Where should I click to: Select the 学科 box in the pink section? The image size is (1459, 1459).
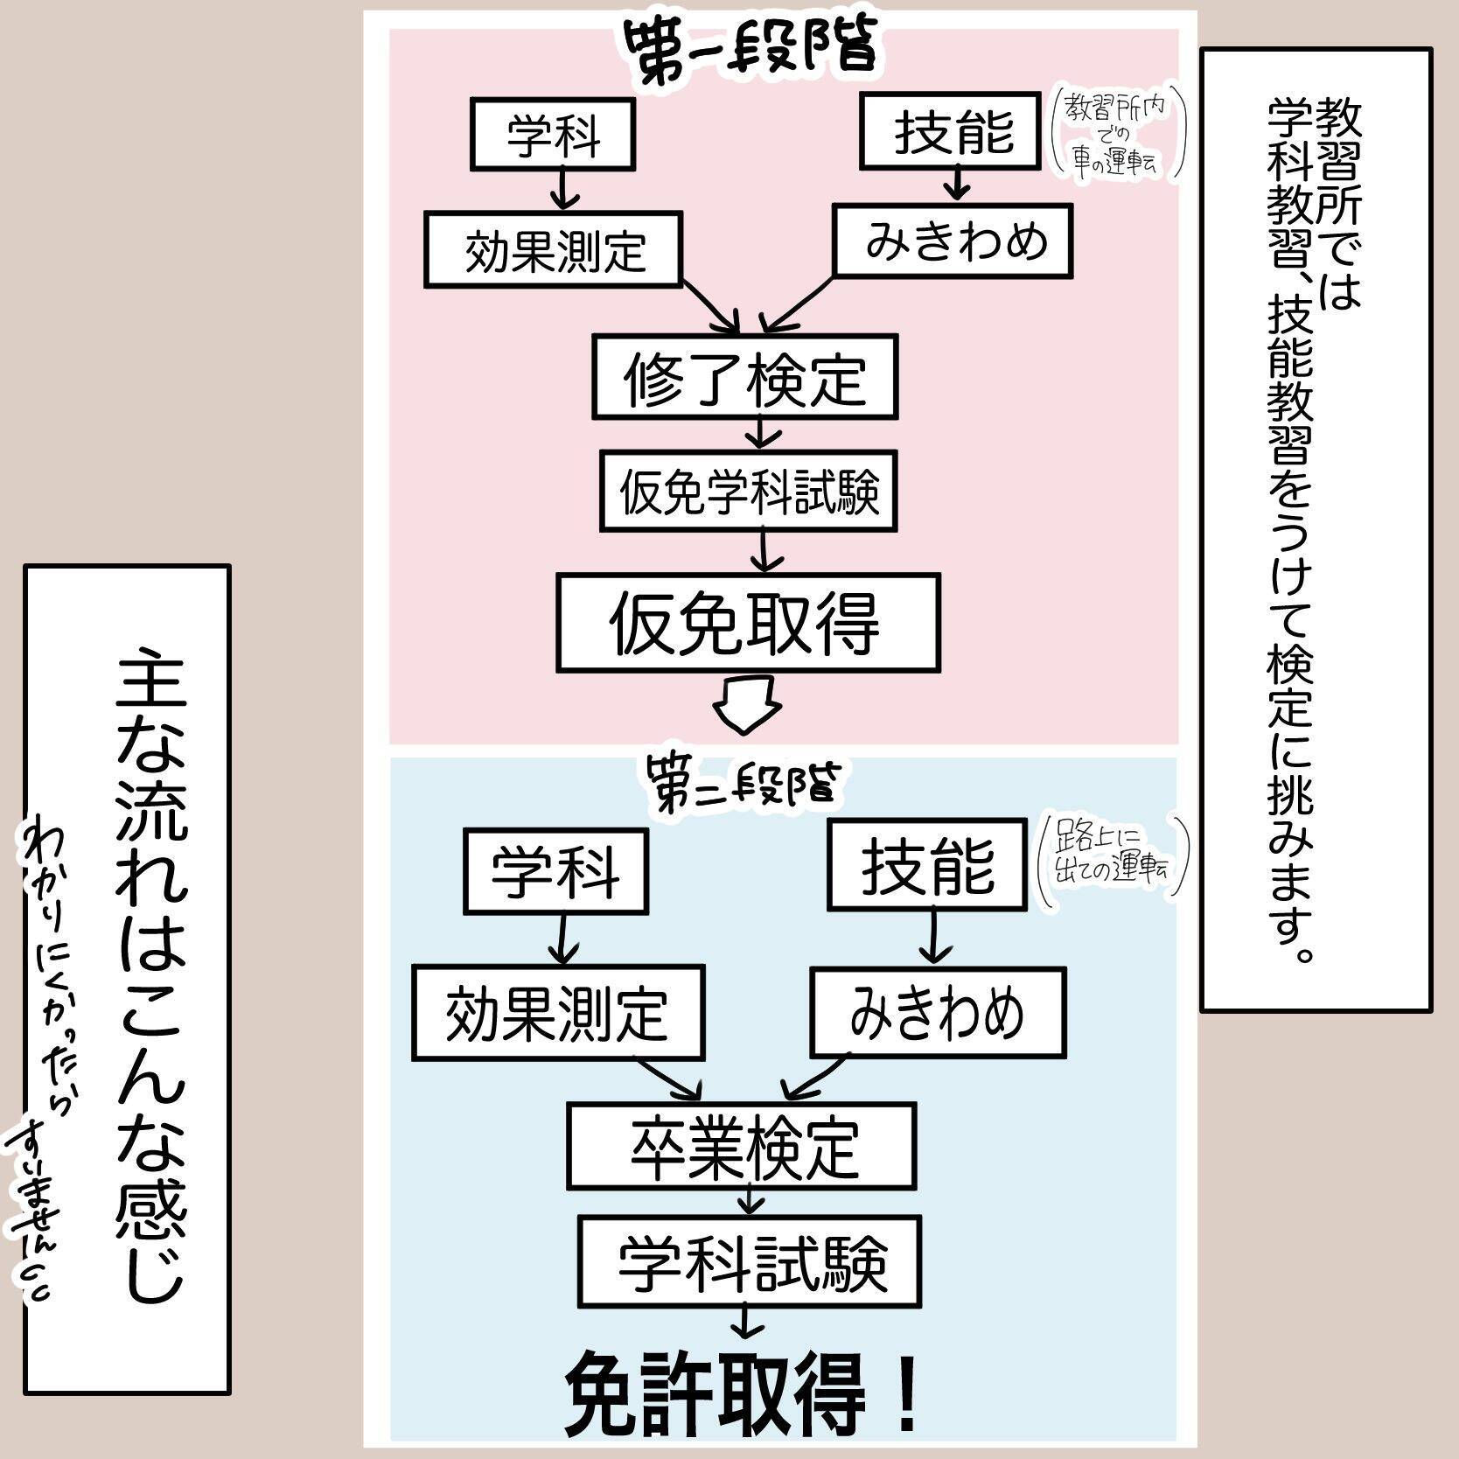(x=553, y=134)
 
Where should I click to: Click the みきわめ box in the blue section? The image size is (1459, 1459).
(x=937, y=1012)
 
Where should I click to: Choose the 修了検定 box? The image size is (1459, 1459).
(x=745, y=376)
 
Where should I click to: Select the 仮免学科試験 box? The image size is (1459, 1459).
(x=749, y=491)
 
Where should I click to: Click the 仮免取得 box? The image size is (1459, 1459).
(x=748, y=623)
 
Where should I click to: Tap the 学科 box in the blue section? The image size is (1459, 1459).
(x=555, y=871)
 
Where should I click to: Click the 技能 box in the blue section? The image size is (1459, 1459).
(x=927, y=865)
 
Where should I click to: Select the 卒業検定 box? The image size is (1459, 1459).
(x=742, y=1146)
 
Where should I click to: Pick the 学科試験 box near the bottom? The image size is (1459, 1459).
(x=749, y=1260)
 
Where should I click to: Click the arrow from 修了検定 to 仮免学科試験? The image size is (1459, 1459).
(x=763, y=433)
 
